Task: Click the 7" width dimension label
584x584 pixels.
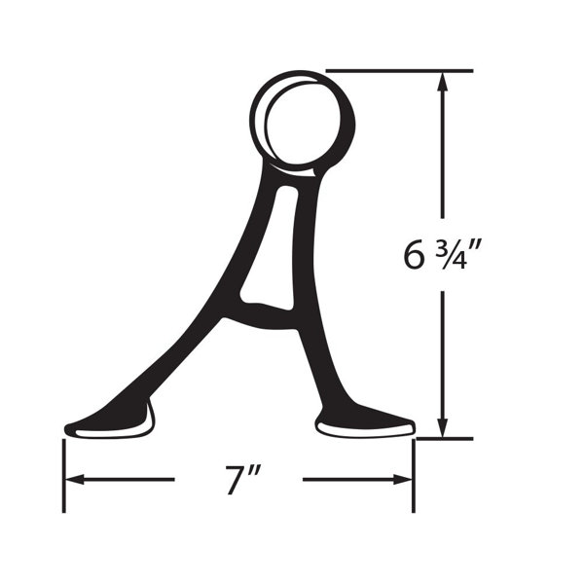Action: pos(241,480)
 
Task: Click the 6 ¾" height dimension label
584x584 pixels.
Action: pos(441,255)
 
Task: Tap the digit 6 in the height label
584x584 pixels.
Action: pos(415,255)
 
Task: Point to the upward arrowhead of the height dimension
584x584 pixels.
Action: pos(443,81)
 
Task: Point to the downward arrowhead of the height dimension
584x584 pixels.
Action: pos(443,427)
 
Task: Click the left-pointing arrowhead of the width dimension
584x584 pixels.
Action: pos(75,479)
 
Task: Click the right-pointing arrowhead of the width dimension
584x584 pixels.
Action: pos(402,479)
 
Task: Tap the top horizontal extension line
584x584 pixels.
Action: pos(399,70)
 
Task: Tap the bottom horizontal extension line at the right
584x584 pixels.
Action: pos(445,439)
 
